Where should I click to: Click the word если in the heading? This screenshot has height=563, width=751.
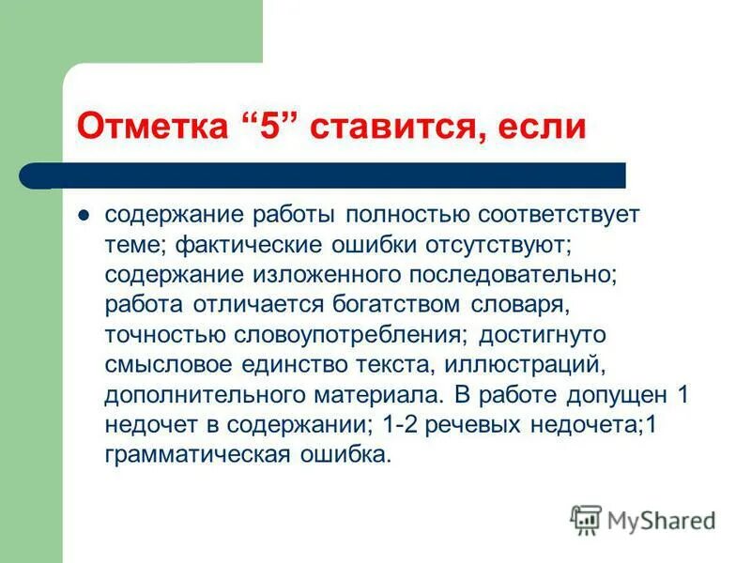(x=537, y=128)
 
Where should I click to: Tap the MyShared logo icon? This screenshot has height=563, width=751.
(x=586, y=520)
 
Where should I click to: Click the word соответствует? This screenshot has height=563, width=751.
(x=559, y=214)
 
